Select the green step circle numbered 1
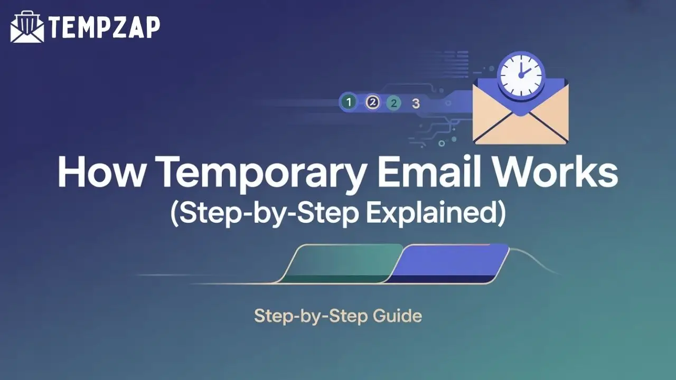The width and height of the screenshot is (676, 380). click(348, 102)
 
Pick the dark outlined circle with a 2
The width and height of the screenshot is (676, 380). click(373, 102)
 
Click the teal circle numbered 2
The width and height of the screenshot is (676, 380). click(393, 103)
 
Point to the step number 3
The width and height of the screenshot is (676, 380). click(416, 103)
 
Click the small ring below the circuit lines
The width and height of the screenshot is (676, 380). click(442, 143)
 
